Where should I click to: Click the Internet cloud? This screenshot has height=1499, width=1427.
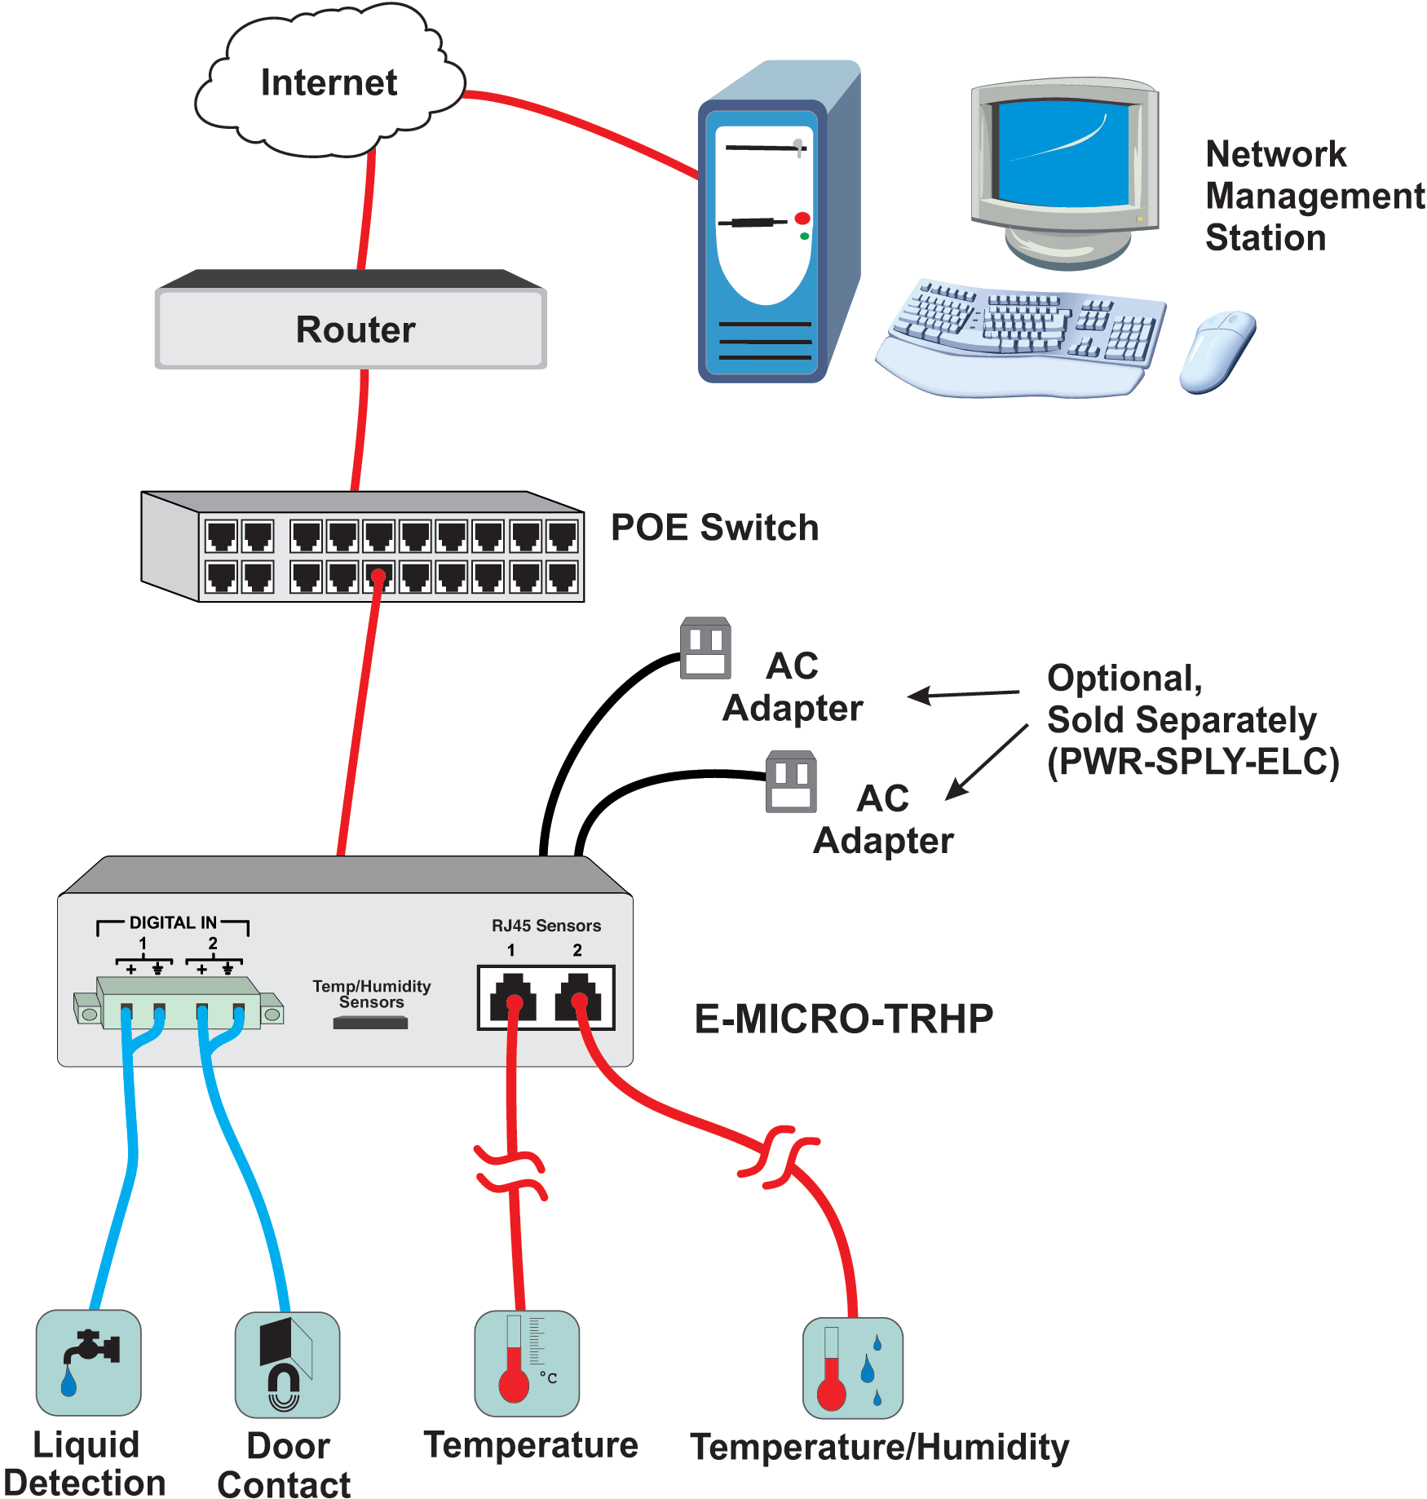pos(329,82)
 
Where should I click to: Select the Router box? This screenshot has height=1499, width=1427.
pos(351,329)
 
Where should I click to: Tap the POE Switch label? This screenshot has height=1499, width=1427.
pos(714,528)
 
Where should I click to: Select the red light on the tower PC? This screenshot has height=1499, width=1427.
pos(802,219)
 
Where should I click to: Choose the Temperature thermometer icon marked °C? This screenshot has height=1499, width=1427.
pos(527,1363)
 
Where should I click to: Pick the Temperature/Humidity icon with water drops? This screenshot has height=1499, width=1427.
pos(853,1368)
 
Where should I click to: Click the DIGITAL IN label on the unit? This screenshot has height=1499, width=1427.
pos(173,922)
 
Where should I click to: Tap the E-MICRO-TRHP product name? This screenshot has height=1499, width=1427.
pos(843,1019)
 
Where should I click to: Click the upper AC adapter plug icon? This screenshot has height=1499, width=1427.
pos(705,648)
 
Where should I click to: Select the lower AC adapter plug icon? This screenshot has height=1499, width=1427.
pos(791,782)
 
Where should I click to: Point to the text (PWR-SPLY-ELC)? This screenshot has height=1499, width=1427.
pos(1193,762)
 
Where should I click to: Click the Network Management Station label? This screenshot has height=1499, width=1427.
pos(1314,196)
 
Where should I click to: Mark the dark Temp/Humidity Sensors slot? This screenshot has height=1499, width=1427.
pos(370,1023)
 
